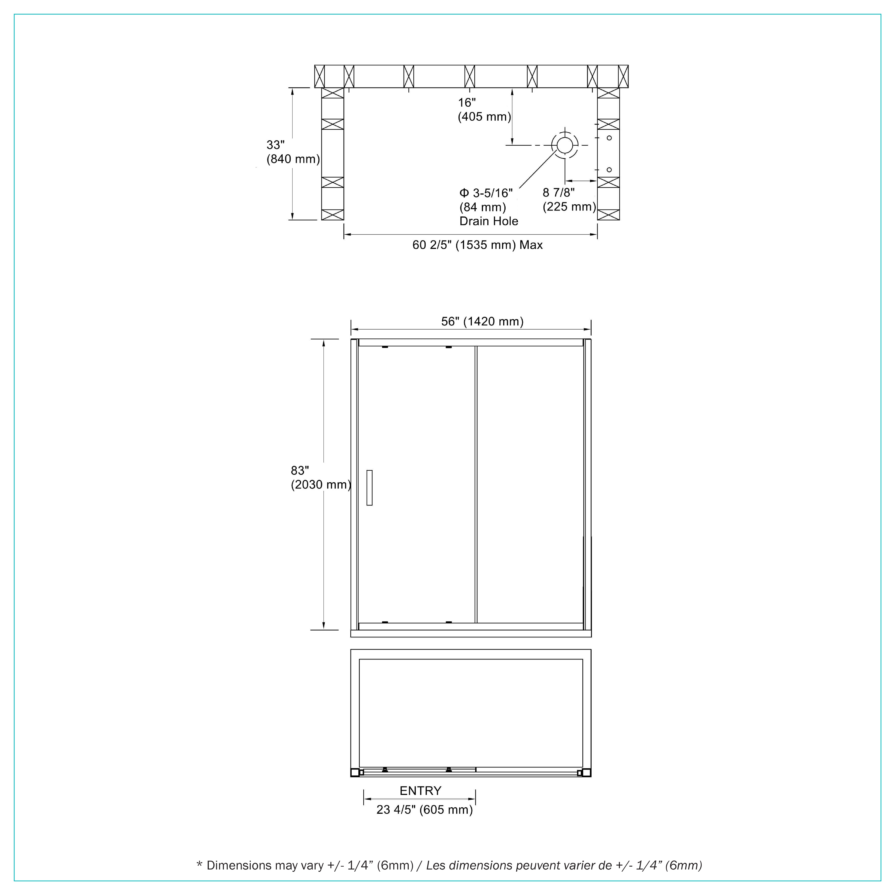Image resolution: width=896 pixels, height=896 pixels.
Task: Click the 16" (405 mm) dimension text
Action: click(485, 109)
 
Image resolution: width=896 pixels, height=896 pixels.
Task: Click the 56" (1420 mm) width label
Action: click(482, 321)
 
